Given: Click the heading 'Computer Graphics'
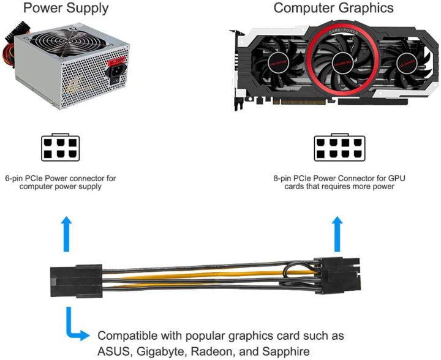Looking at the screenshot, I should [x=334, y=9].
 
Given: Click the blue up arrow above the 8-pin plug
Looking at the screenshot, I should [x=336, y=235].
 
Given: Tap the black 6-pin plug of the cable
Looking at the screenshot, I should [x=73, y=282].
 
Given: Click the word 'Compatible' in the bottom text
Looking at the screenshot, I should [x=130, y=336].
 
